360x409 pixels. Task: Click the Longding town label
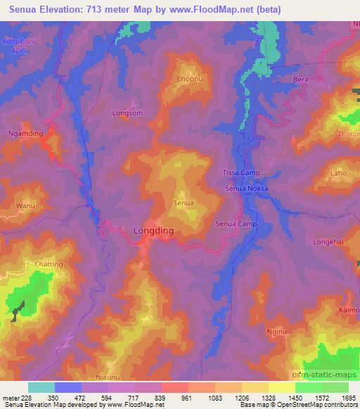click(x=153, y=231)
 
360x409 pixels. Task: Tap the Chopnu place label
click(x=191, y=79)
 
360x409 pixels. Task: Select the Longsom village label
click(x=128, y=112)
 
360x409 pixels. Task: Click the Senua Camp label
click(x=236, y=224)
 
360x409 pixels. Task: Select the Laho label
click(x=338, y=172)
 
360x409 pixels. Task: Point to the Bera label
click(x=300, y=79)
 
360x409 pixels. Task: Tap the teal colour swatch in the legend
click(x=41, y=387)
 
